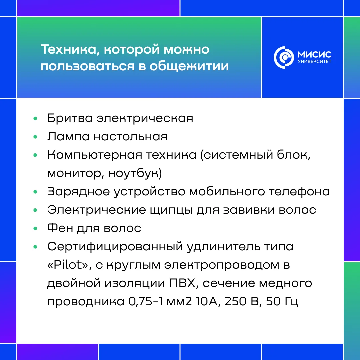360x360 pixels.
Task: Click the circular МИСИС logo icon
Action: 284,57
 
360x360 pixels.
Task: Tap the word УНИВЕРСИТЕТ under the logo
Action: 315,62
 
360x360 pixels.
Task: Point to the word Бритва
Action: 70,118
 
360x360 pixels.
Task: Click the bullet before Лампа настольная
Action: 35,137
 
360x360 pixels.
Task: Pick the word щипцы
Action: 171,210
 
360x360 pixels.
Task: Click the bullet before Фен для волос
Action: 35,228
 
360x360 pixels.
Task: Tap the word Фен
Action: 60,228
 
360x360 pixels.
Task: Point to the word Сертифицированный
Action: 115,247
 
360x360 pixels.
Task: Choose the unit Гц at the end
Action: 292,302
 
